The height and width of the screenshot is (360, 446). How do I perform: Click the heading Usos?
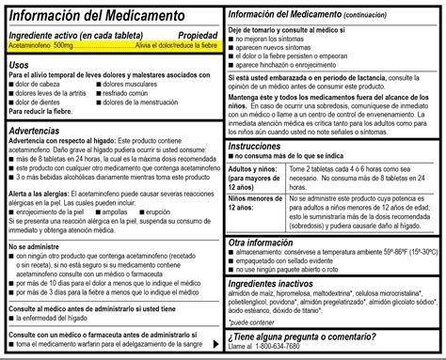click(18, 64)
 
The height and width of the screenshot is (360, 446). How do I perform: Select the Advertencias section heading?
click(35, 128)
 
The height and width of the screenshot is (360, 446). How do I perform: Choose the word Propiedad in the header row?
click(198, 35)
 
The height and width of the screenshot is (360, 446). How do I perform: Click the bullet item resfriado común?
click(144, 94)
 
